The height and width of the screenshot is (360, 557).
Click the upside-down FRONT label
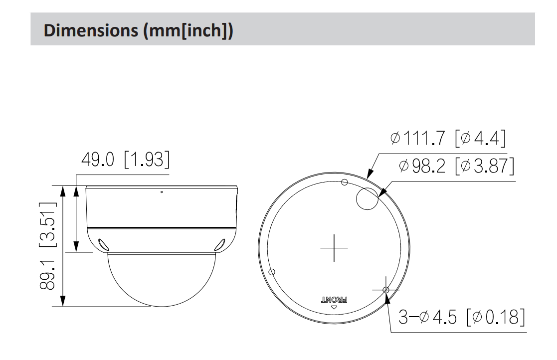334,299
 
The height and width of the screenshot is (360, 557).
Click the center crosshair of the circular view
334,247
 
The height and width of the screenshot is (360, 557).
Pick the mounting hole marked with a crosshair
385,289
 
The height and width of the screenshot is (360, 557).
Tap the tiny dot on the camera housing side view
162,191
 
